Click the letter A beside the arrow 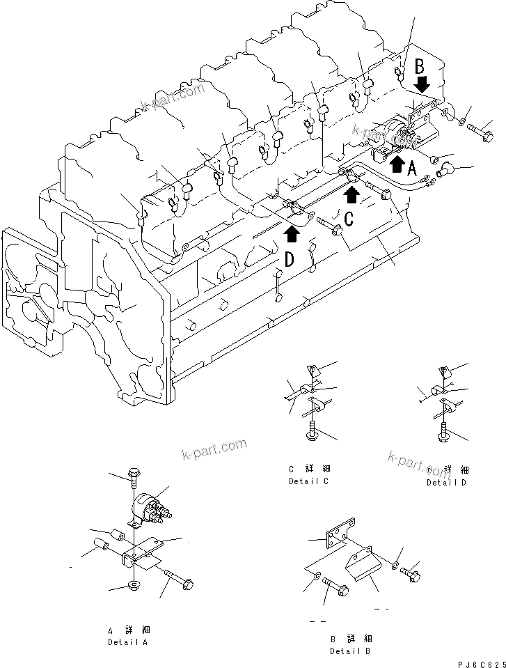412,167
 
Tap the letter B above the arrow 420,68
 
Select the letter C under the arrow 349,218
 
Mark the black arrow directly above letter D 292,234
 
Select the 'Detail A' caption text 127,642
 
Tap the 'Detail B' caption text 350,651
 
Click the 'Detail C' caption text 308,481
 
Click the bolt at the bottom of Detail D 442,434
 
